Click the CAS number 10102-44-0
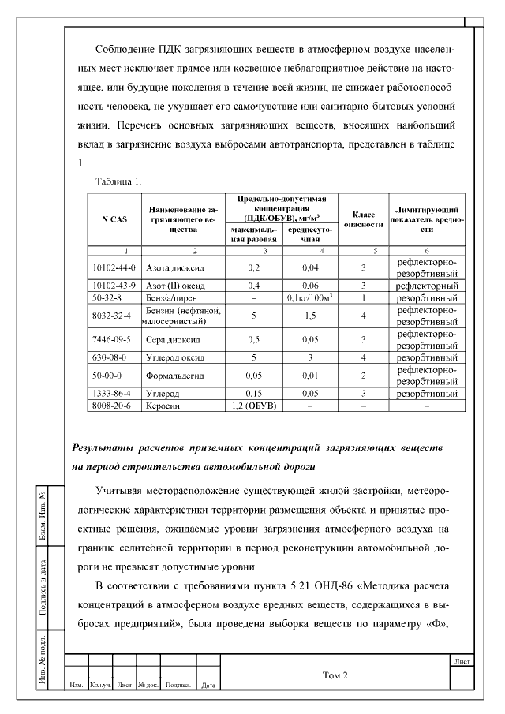(114, 268)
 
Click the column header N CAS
(114, 219)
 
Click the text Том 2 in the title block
(335, 675)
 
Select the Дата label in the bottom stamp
(209, 686)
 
